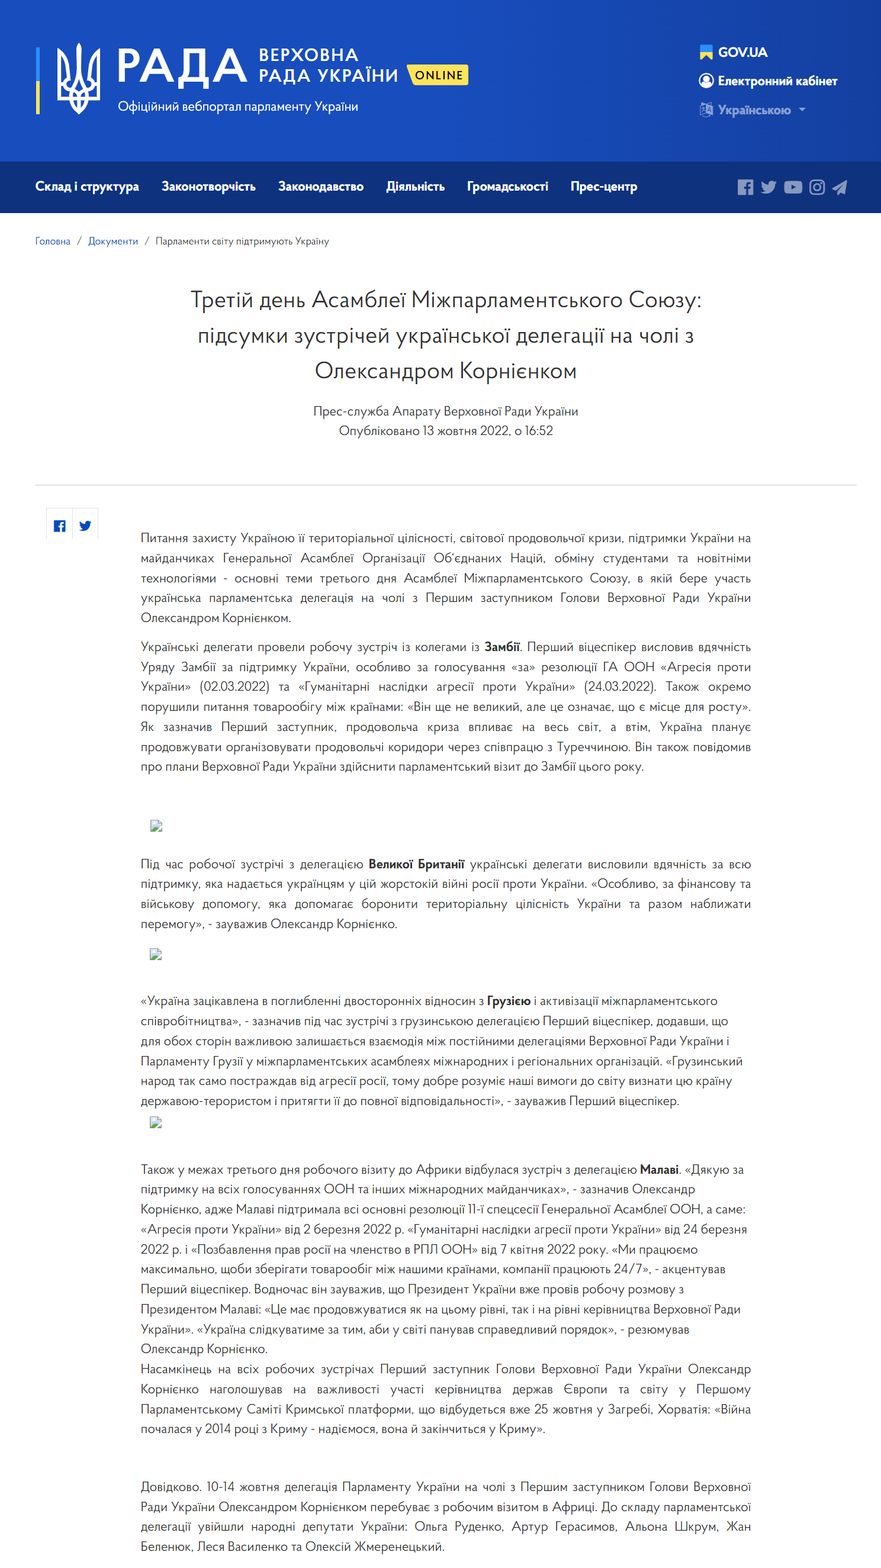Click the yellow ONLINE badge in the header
(438, 75)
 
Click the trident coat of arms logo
(78, 79)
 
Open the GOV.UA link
(734, 52)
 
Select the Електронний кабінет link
(769, 81)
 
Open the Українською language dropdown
(754, 110)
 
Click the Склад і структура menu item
(87, 186)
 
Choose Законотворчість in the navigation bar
(208, 186)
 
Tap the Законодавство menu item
(320, 186)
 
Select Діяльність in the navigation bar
(415, 186)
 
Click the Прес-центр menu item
(603, 186)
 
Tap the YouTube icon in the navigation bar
(793, 188)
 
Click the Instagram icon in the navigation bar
(816, 188)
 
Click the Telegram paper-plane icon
(840, 188)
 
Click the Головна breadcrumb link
(52, 241)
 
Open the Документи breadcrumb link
(113, 241)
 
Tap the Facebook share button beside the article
(60, 526)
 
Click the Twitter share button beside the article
(85, 526)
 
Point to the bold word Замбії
(501, 646)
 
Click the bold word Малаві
(659, 1169)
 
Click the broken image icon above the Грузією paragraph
(156, 954)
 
